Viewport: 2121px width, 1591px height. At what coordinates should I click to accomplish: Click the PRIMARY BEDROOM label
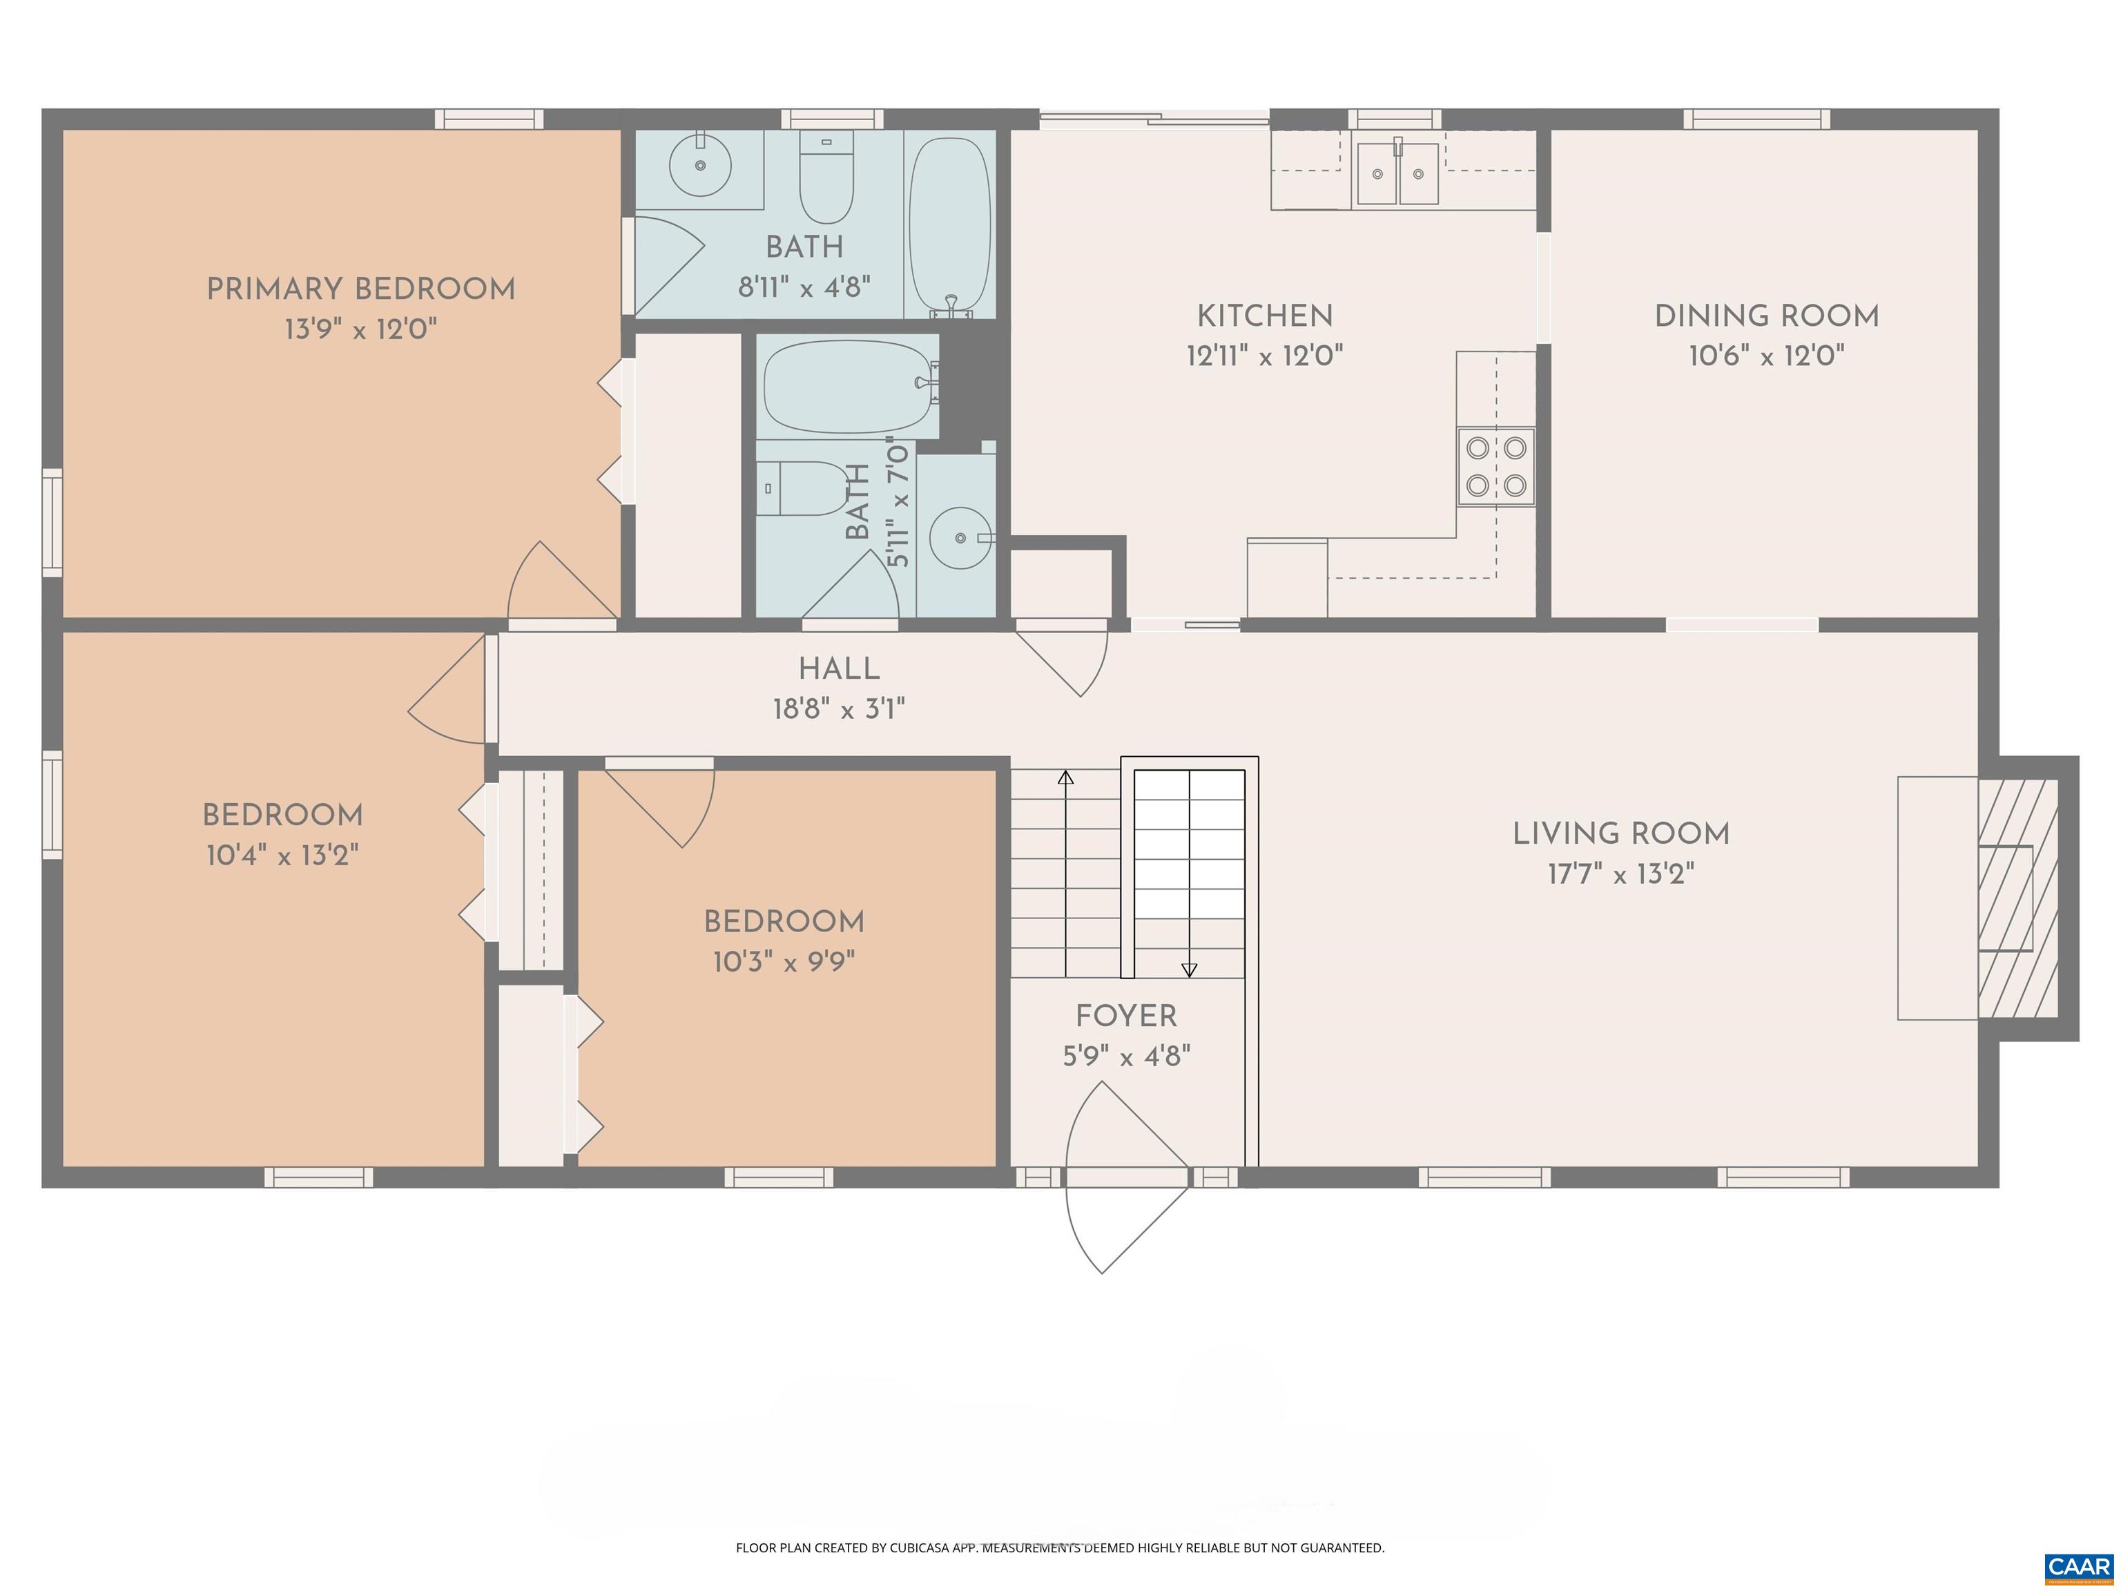click(360, 289)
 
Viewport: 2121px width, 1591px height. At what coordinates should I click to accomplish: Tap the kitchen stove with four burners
click(1496, 467)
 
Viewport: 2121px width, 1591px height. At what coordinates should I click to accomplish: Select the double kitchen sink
click(1397, 173)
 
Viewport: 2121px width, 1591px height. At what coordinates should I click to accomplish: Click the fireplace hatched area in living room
click(2017, 898)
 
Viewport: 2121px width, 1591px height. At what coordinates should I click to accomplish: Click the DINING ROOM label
click(1766, 316)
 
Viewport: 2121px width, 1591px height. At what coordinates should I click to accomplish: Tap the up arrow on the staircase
click(1065, 777)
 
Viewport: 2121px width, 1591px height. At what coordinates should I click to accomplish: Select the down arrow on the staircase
click(1189, 970)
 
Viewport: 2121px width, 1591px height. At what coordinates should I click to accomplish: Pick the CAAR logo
click(2078, 1567)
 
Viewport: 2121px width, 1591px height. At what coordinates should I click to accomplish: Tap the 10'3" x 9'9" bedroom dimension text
click(784, 962)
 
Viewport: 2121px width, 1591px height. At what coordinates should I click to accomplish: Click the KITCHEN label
click(1263, 316)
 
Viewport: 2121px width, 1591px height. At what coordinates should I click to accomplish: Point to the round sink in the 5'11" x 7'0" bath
click(960, 538)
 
